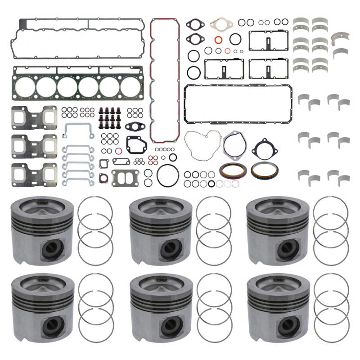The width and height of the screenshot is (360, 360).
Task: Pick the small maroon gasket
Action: (x=103, y=178)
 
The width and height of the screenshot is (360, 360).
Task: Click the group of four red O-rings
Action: (x=153, y=160)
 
